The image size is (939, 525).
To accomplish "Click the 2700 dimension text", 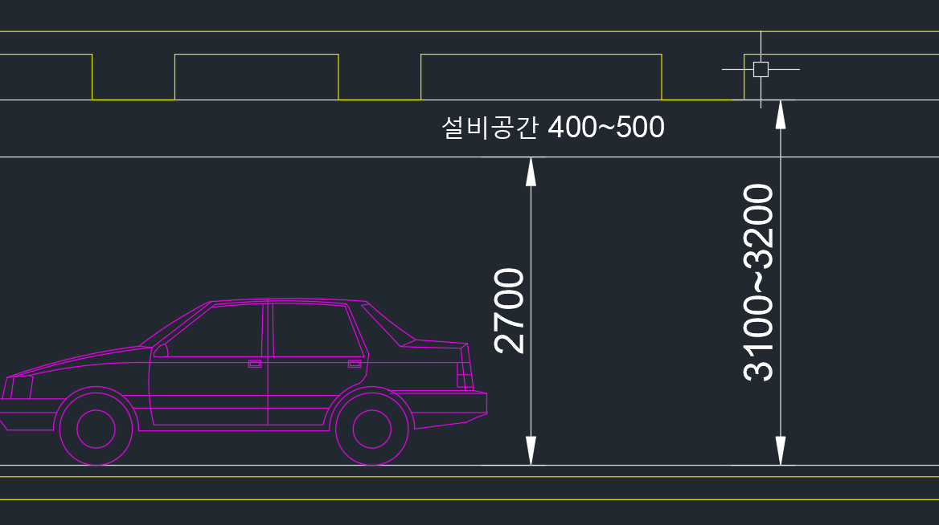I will click(x=511, y=311).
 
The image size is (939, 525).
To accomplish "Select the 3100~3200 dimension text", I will click(x=759, y=282).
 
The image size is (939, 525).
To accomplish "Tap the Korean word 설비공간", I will click(x=489, y=127).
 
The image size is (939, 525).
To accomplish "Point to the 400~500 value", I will click(x=605, y=127).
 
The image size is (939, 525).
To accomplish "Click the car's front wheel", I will click(x=96, y=428).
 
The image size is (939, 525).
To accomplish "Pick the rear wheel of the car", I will click(x=371, y=428).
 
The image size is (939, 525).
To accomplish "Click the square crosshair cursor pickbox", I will click(x=761, y=69).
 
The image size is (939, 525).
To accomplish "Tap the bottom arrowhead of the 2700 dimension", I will click(x=530, y=451).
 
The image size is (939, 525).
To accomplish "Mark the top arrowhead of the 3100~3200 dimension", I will click(x=780, y=114).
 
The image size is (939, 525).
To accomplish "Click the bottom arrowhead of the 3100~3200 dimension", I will click(x=780, y=451).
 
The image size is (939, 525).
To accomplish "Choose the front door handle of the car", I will click(x=255, y=364).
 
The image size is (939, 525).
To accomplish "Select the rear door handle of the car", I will click(x=355, y=364).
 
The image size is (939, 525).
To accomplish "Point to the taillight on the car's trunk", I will click(x=463, y=374).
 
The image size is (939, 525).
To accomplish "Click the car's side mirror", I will click(x=161, y=350).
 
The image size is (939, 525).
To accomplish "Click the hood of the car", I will click(x=80, y=361).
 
